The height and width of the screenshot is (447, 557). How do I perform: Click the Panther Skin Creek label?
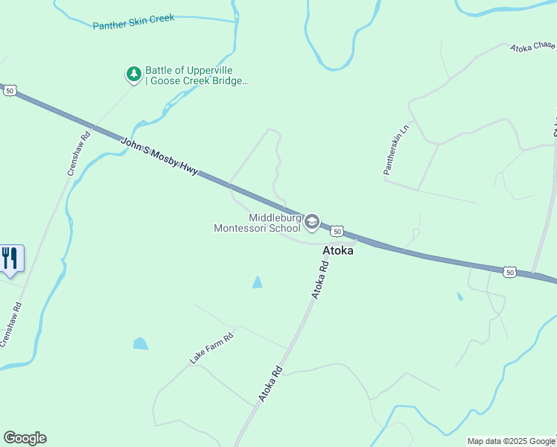click(133, 22)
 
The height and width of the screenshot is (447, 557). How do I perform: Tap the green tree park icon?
click(133, 74)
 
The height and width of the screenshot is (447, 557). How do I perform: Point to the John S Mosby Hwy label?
click(160, 156)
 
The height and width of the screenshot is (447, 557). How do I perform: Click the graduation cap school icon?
click(313, 221)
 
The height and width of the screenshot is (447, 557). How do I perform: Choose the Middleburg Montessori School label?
click(258, 223)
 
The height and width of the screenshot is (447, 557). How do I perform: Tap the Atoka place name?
click(337, 251)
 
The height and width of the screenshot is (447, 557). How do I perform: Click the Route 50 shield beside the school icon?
click(337, 232)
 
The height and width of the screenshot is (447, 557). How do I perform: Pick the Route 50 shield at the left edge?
click(9, 90)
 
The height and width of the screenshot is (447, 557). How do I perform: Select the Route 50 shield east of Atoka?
click(509, 273)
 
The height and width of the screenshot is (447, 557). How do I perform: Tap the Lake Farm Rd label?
click(211, 349)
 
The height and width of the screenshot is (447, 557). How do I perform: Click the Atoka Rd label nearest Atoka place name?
click(319, 281)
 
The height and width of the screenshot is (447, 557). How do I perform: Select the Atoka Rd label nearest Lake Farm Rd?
click(270, 383)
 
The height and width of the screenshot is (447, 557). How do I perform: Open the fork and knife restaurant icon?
click(10, 259)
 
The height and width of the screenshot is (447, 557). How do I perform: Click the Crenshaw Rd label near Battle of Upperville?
click(77, 153)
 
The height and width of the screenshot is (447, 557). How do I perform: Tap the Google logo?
click(25, 438)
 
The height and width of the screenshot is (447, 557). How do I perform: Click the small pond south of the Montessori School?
click(257, 282)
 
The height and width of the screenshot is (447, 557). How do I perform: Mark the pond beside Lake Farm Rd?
click(140, 343)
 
